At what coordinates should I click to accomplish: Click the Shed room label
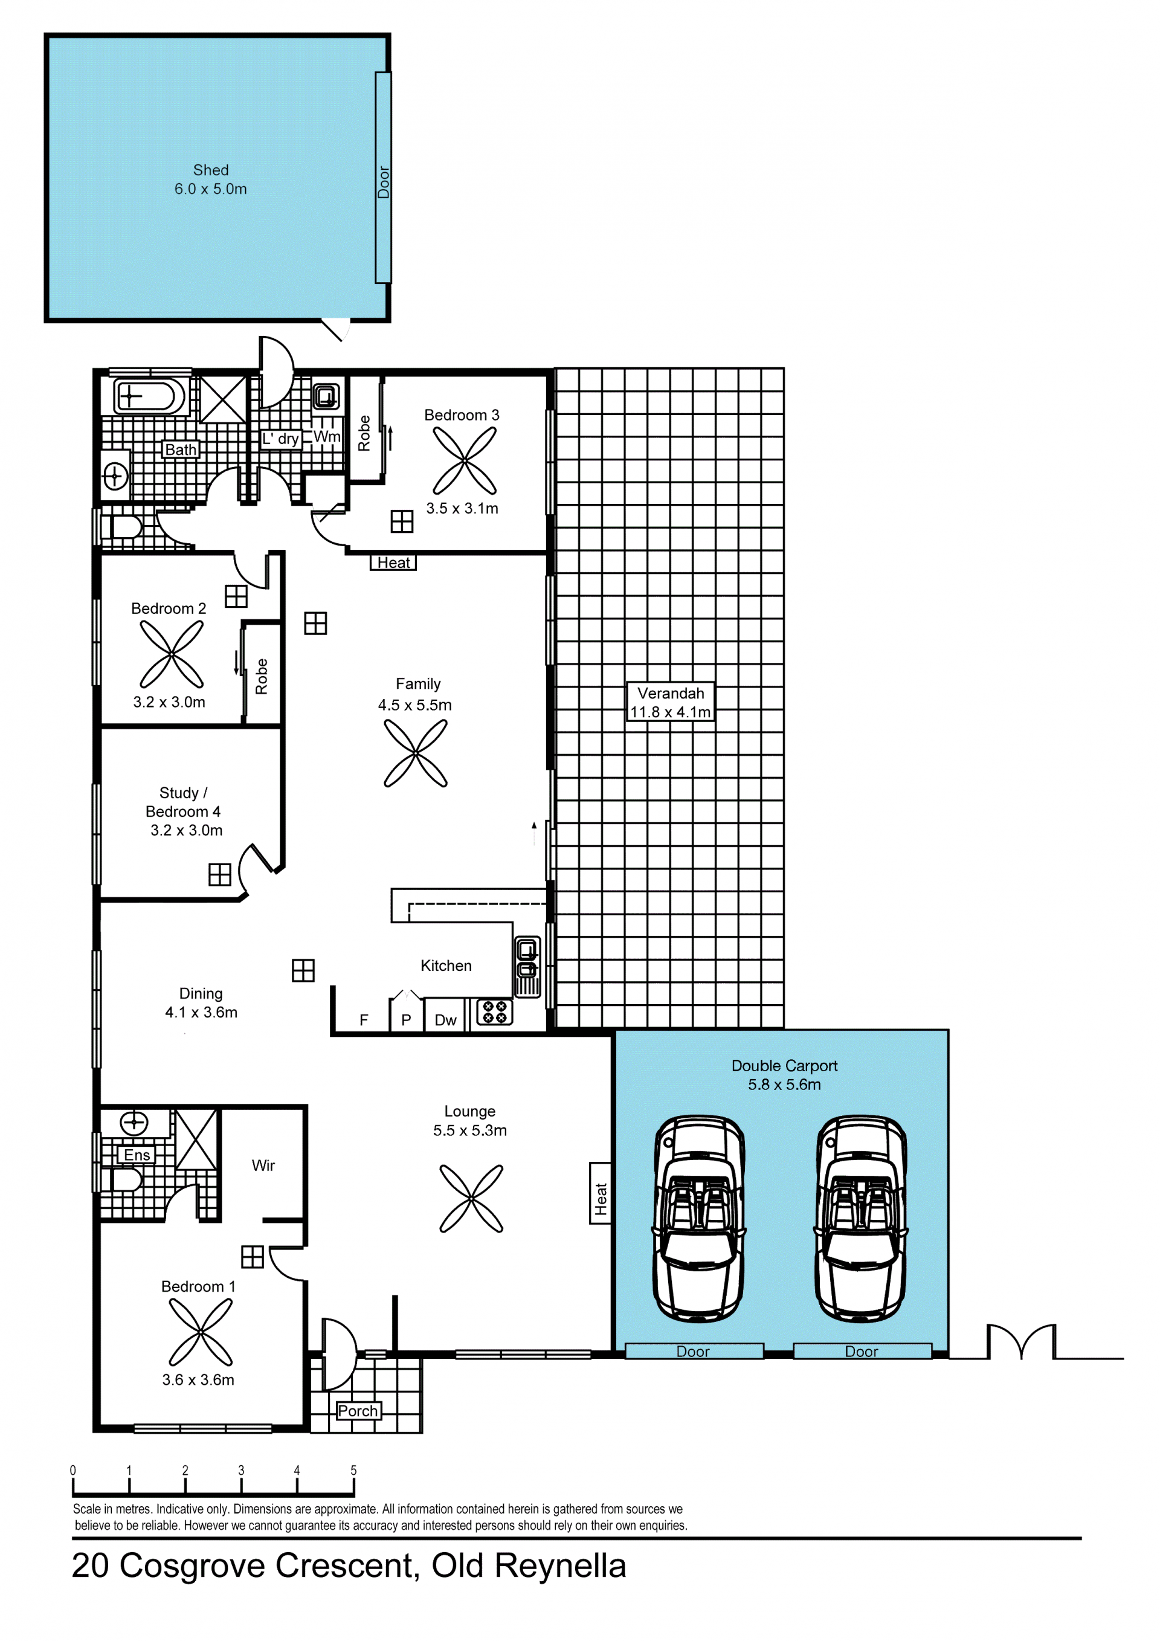point(211,170)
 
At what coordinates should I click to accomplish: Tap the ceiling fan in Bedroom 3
point(465,460)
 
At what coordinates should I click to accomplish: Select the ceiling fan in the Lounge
point(471,1199)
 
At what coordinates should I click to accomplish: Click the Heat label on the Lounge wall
point(601,1193)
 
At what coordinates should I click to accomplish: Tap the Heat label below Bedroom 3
point(393,563)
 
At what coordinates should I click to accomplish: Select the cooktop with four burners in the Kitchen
point(495,1012)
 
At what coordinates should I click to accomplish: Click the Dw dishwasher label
point(445,1020)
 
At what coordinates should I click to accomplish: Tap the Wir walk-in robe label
point(263,1165)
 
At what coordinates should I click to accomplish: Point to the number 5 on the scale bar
point(353,1470)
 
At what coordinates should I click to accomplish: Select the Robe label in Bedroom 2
point(262,676)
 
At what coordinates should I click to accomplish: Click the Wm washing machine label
point(327,436)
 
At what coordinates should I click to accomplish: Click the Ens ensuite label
point(137,1155)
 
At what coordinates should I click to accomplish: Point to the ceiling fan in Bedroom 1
point(201,1332)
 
